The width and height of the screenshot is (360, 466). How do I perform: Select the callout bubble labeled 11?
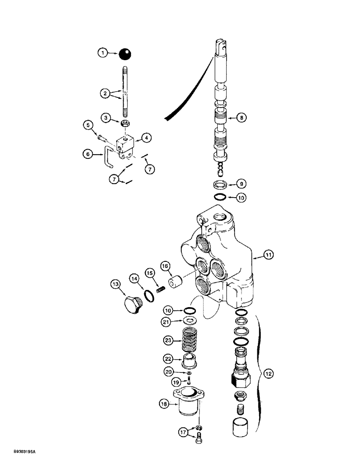pos(269,255)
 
